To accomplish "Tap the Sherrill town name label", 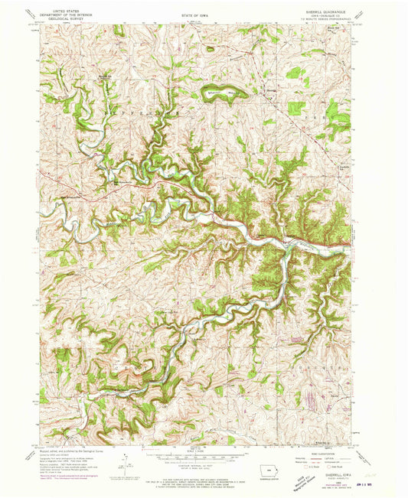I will click(270, 94).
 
